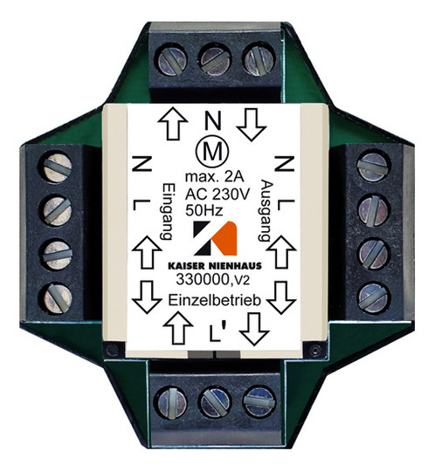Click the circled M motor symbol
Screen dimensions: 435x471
coord(212,153)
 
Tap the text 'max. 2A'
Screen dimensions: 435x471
coord(214,177)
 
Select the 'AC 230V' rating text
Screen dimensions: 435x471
coord(217,194)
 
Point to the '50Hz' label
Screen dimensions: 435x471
coord(204,210)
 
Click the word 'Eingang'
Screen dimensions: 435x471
coord(166,211)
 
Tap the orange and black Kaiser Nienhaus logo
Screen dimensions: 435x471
coord(215,238)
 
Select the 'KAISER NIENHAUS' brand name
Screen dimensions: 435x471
coord(215,265)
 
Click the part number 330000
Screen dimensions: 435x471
coord(203,280)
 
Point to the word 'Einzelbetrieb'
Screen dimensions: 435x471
coord(214,300)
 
